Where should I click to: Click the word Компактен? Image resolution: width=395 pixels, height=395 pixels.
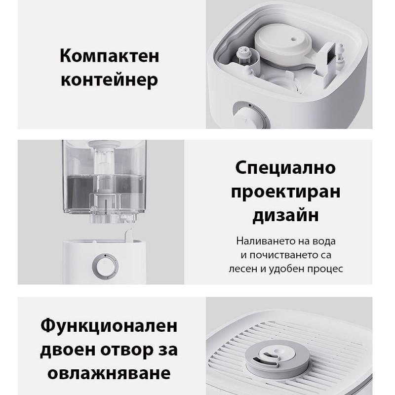pos(109,55)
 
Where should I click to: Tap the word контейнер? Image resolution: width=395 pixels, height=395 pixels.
pos(109,79)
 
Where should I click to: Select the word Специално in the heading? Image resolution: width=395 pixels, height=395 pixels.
pos(286,167)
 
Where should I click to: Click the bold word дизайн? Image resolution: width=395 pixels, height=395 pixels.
pos(286,215)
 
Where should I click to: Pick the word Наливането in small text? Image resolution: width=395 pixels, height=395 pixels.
pos(262,241)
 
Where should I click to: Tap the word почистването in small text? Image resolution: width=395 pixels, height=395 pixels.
pos(290,255)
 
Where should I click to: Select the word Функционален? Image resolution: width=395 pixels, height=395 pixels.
pos(109,326)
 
